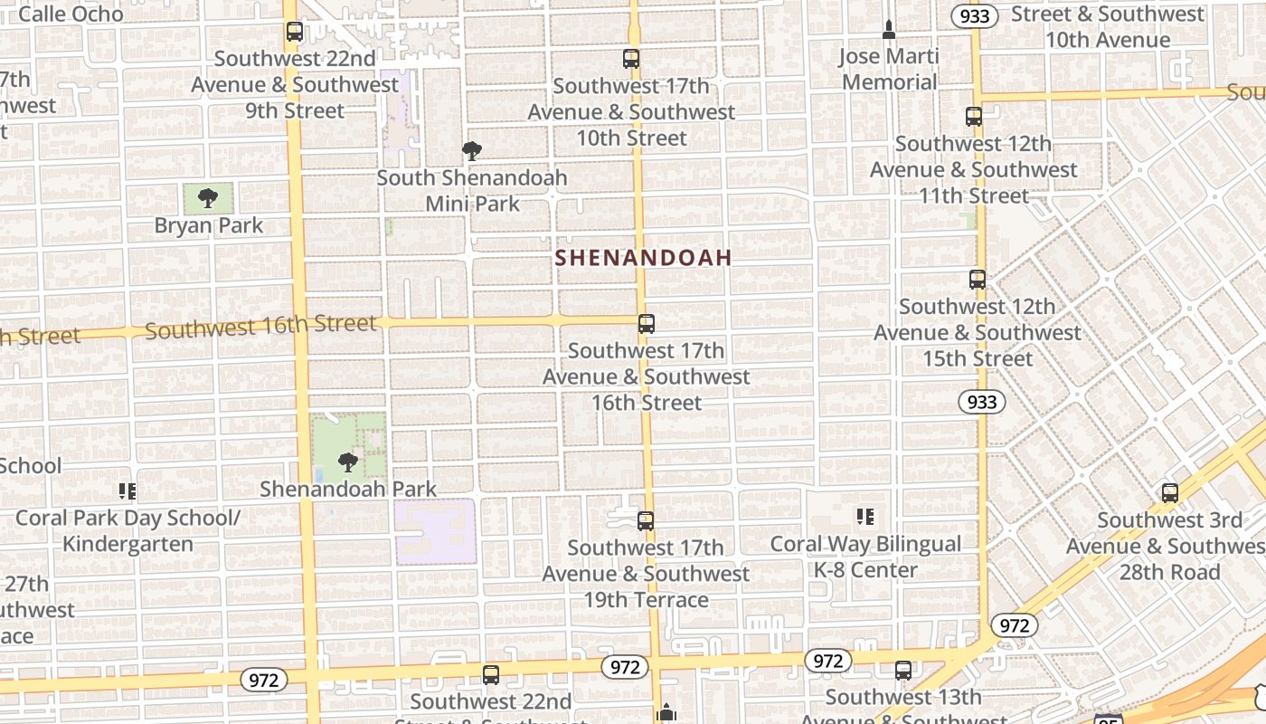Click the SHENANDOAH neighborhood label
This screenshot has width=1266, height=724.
tap(643, 258)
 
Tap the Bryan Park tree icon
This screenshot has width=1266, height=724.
tap(208, 198)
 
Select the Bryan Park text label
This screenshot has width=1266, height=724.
tap(208, 225)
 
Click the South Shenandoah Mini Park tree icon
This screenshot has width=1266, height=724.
tap(471, 150)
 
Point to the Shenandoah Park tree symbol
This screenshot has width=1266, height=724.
tap(347, 462)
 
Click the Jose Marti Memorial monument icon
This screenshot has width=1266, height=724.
tap(889, 30)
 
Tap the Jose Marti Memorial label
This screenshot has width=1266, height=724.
tap(889, 69)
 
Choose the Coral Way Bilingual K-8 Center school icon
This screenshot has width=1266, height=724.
tap(865, 517)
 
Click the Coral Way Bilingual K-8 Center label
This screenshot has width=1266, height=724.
tap(865, 557)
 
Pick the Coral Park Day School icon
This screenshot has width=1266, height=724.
tap(128, 491)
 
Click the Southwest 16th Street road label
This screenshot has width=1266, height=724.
tap(260, 325)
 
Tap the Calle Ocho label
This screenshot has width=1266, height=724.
tap(71, 14)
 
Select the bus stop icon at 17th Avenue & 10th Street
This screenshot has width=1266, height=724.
tap(631, 59)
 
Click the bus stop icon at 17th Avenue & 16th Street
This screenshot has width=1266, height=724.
tap(646, 323)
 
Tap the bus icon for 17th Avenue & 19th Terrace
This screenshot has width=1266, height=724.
tap(645, 520)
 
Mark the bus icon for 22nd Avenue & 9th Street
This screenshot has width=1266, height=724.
tap(294, 32)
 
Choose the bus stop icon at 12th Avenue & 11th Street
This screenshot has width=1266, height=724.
tap(973, 117)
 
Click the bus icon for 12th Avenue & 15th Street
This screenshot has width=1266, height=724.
tap(977, 280)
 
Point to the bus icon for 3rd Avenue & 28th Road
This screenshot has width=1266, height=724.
tap(1169, 493)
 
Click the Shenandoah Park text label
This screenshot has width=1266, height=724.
tap(348, 490)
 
